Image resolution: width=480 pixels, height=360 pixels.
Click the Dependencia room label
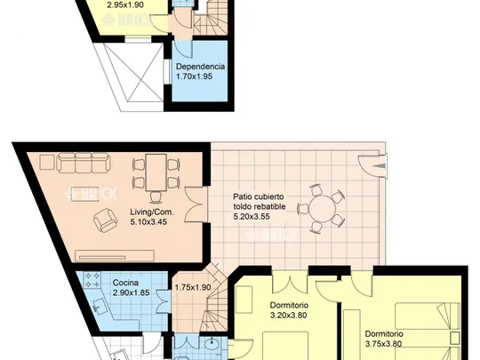tap(201, 67)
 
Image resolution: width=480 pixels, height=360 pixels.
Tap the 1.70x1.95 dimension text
tap(194, 76)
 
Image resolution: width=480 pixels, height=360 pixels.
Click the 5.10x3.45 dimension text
tap(148, 222)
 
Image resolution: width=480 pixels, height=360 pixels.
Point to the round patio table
tap(323, 209)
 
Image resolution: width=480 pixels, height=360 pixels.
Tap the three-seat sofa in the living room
tap(83, 163)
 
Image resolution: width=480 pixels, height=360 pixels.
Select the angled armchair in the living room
tap(105, 220)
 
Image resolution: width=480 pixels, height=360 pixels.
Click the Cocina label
tap(125, 283)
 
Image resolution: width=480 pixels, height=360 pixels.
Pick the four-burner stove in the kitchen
tap(92, 280)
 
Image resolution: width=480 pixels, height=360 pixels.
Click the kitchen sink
tap(99, 306)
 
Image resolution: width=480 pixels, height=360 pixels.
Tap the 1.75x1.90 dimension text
tap(193, 287)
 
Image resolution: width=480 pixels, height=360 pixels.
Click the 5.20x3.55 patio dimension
tap(252, 217)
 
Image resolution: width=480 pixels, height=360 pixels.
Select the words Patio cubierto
tap(259, 196)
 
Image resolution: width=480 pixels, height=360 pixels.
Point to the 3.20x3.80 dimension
tap(289, 315)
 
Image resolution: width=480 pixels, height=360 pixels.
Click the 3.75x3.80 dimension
tap(384, 344)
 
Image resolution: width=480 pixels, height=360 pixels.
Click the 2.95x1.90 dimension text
tap(125, 5)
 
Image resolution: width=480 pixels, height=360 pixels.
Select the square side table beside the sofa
tap(47, 162)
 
